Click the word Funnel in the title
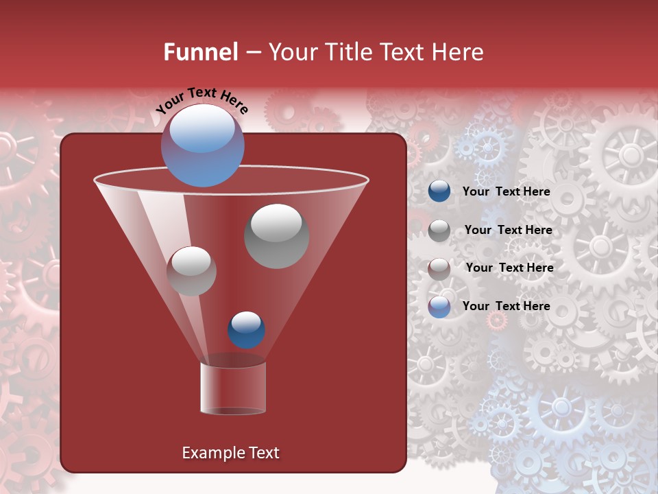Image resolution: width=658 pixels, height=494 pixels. (x=201, y=52)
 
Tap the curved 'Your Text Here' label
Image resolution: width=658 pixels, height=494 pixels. (x=202, y=100)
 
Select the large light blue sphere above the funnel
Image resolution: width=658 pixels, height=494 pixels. (x=203, y=145)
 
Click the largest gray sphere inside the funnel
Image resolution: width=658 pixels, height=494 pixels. (x=277, y=236)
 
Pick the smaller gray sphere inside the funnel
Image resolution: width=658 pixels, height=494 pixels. (x=191, y=271)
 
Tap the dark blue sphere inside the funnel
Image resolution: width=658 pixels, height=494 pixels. (x=246, y=330)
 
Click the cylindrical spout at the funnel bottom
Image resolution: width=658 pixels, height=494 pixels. (x=233, y=388)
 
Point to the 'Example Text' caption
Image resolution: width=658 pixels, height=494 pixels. (x=231, y=453)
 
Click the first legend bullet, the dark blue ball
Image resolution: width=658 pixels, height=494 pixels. (x=439, y=191)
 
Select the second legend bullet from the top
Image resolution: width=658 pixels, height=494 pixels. (x=439, y=231)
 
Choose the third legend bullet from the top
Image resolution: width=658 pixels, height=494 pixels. (x=439, y=268)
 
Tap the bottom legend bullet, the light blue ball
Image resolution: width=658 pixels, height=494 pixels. (x=439, y=307)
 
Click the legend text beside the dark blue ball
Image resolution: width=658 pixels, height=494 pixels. (x=507, y=192)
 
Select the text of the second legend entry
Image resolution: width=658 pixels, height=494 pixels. (x=508, y=231)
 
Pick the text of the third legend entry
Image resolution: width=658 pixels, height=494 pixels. (x=509, y=268)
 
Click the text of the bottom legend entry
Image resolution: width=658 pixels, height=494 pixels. (x=507, y=306)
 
